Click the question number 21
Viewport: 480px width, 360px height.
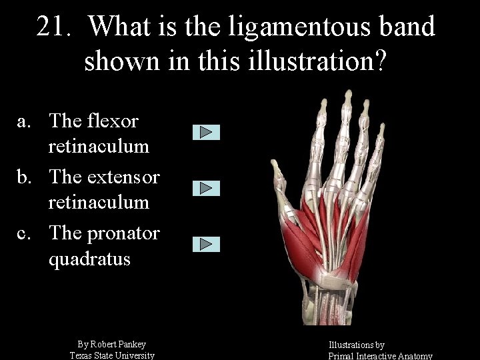coord(53,27)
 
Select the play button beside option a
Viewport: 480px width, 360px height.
coord(206,132)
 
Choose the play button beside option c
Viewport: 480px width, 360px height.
coord(206,244)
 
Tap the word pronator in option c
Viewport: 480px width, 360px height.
coord(124,233)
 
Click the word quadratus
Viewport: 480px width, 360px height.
coord(89,259)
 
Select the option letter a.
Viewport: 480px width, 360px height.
coord(23,121)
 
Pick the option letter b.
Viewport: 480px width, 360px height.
coord(23,177)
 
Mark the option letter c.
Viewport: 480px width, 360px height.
coord(23,233)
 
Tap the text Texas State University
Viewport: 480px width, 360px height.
coord(112,355)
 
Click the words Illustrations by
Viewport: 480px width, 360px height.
coord(356,345)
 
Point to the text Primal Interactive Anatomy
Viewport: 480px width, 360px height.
coord(380,356)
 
